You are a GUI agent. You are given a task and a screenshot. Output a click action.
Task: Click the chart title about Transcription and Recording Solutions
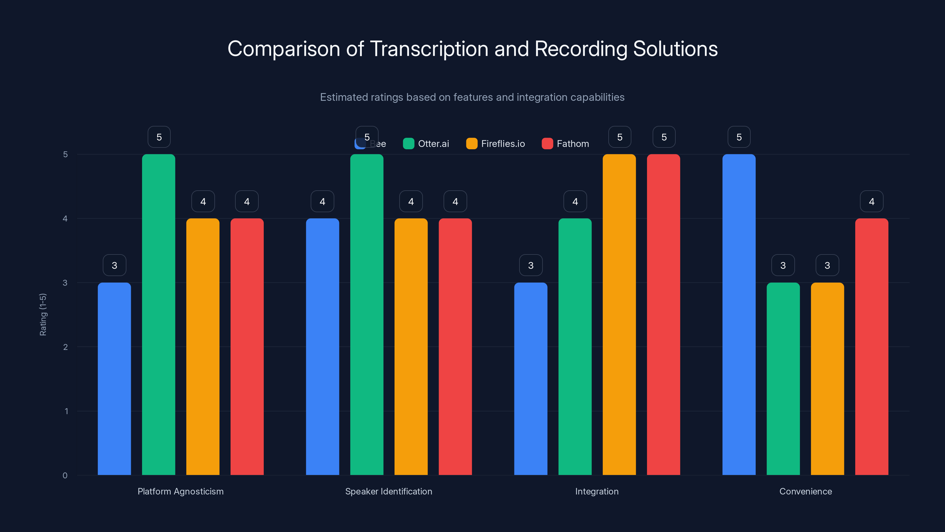[472, 49]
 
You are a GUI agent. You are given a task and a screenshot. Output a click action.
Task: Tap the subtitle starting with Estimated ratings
[472, 97]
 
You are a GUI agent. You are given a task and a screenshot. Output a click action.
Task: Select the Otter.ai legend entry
[426, 144]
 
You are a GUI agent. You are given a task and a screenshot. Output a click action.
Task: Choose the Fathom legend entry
[566, 144]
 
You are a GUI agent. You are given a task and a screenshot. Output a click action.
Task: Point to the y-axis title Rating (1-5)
[43, 315]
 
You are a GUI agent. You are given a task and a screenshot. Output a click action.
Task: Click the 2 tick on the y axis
[65, 347]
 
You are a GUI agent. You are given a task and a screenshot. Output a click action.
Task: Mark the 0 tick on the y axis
[65, 476]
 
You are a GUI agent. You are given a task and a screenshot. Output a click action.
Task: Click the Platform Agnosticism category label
[180, 491]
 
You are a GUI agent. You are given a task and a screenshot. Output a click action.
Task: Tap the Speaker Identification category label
[389, 491]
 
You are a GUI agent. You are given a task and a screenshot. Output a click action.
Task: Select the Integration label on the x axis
[597, 491]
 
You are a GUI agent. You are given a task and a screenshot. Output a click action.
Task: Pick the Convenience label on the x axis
[806, 491]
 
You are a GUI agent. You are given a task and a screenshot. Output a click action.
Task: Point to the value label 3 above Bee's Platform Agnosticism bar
[115, 265]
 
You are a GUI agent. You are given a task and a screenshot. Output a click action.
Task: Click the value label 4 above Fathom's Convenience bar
[872, 202]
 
